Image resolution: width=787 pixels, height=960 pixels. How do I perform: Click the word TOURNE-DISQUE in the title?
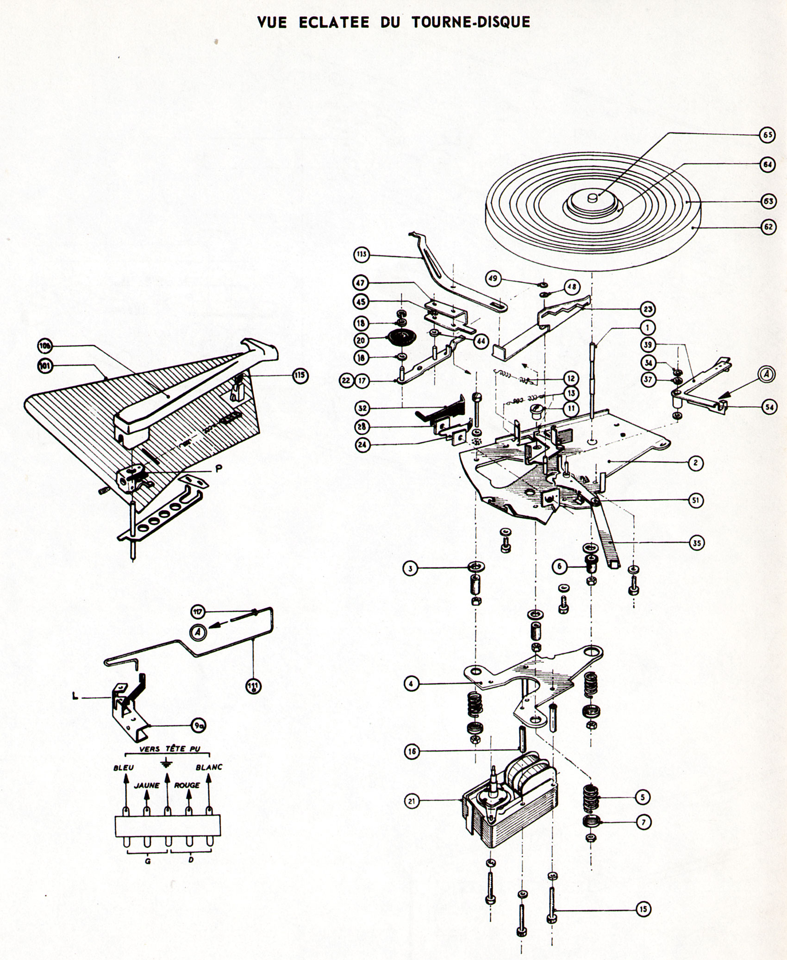470,22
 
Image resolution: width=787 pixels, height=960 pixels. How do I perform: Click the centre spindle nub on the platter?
592,198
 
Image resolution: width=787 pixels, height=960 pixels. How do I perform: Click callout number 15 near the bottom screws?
643,909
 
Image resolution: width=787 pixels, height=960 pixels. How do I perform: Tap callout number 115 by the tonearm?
300,375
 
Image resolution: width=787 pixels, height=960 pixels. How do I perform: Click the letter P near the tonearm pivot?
219,468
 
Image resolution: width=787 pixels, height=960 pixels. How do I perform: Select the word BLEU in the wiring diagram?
124,767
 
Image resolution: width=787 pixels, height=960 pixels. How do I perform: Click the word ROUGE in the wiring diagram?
187,785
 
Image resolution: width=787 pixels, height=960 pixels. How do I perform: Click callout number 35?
697,544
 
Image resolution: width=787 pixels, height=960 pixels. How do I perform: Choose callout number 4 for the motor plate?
412,683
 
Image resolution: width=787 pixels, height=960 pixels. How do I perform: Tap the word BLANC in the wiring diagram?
209,767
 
